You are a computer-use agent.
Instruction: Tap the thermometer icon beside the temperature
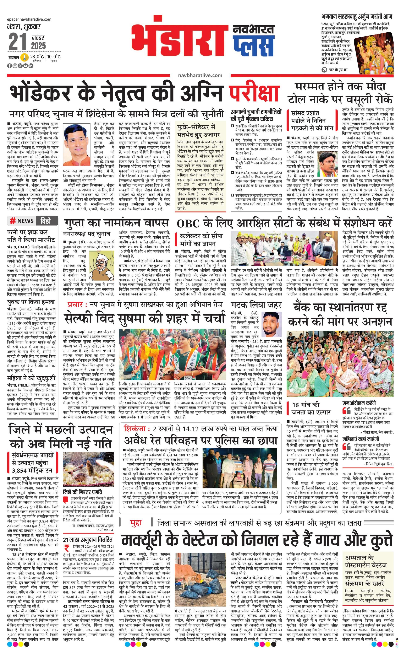tap(24, 57)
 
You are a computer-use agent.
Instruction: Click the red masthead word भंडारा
tap(179, 37)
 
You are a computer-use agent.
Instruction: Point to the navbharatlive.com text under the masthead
tap(200, 75)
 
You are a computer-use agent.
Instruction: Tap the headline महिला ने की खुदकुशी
tap(32, 378)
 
